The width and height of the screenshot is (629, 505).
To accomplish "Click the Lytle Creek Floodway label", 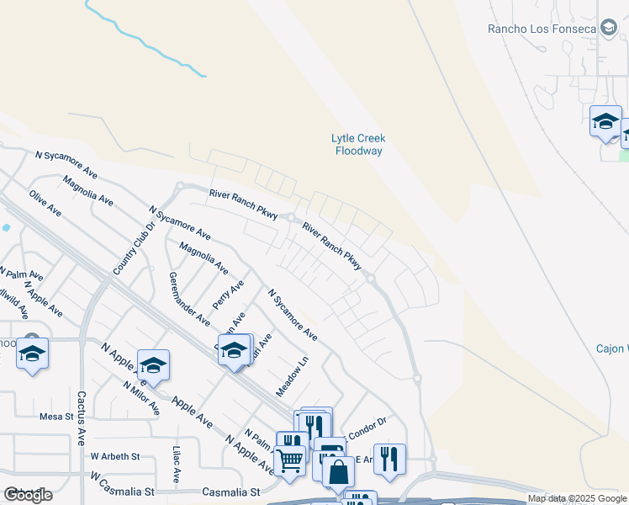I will [357, 144].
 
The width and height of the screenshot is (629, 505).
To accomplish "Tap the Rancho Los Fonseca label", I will [542, 29].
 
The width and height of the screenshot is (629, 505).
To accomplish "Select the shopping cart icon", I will [290, 460].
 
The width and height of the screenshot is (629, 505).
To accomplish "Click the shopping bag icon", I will [337, 472].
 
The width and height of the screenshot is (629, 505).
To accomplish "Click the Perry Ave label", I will [228, 295].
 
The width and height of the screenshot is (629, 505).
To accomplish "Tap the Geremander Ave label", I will [189, 299].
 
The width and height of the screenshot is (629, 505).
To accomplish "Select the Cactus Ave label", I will [82, 417].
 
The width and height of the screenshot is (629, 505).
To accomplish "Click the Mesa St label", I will [57, 416].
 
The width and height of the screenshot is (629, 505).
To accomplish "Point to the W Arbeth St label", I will [114, 456].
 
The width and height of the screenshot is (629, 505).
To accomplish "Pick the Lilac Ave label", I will [177, 464].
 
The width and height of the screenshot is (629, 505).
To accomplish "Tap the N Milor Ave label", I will [140, 397].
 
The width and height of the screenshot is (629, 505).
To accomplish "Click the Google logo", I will [28, 495].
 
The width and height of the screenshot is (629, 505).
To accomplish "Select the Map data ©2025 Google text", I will [577, 498].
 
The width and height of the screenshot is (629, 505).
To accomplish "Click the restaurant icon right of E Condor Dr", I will [389, 458].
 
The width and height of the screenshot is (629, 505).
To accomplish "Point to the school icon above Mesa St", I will [32, 354].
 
